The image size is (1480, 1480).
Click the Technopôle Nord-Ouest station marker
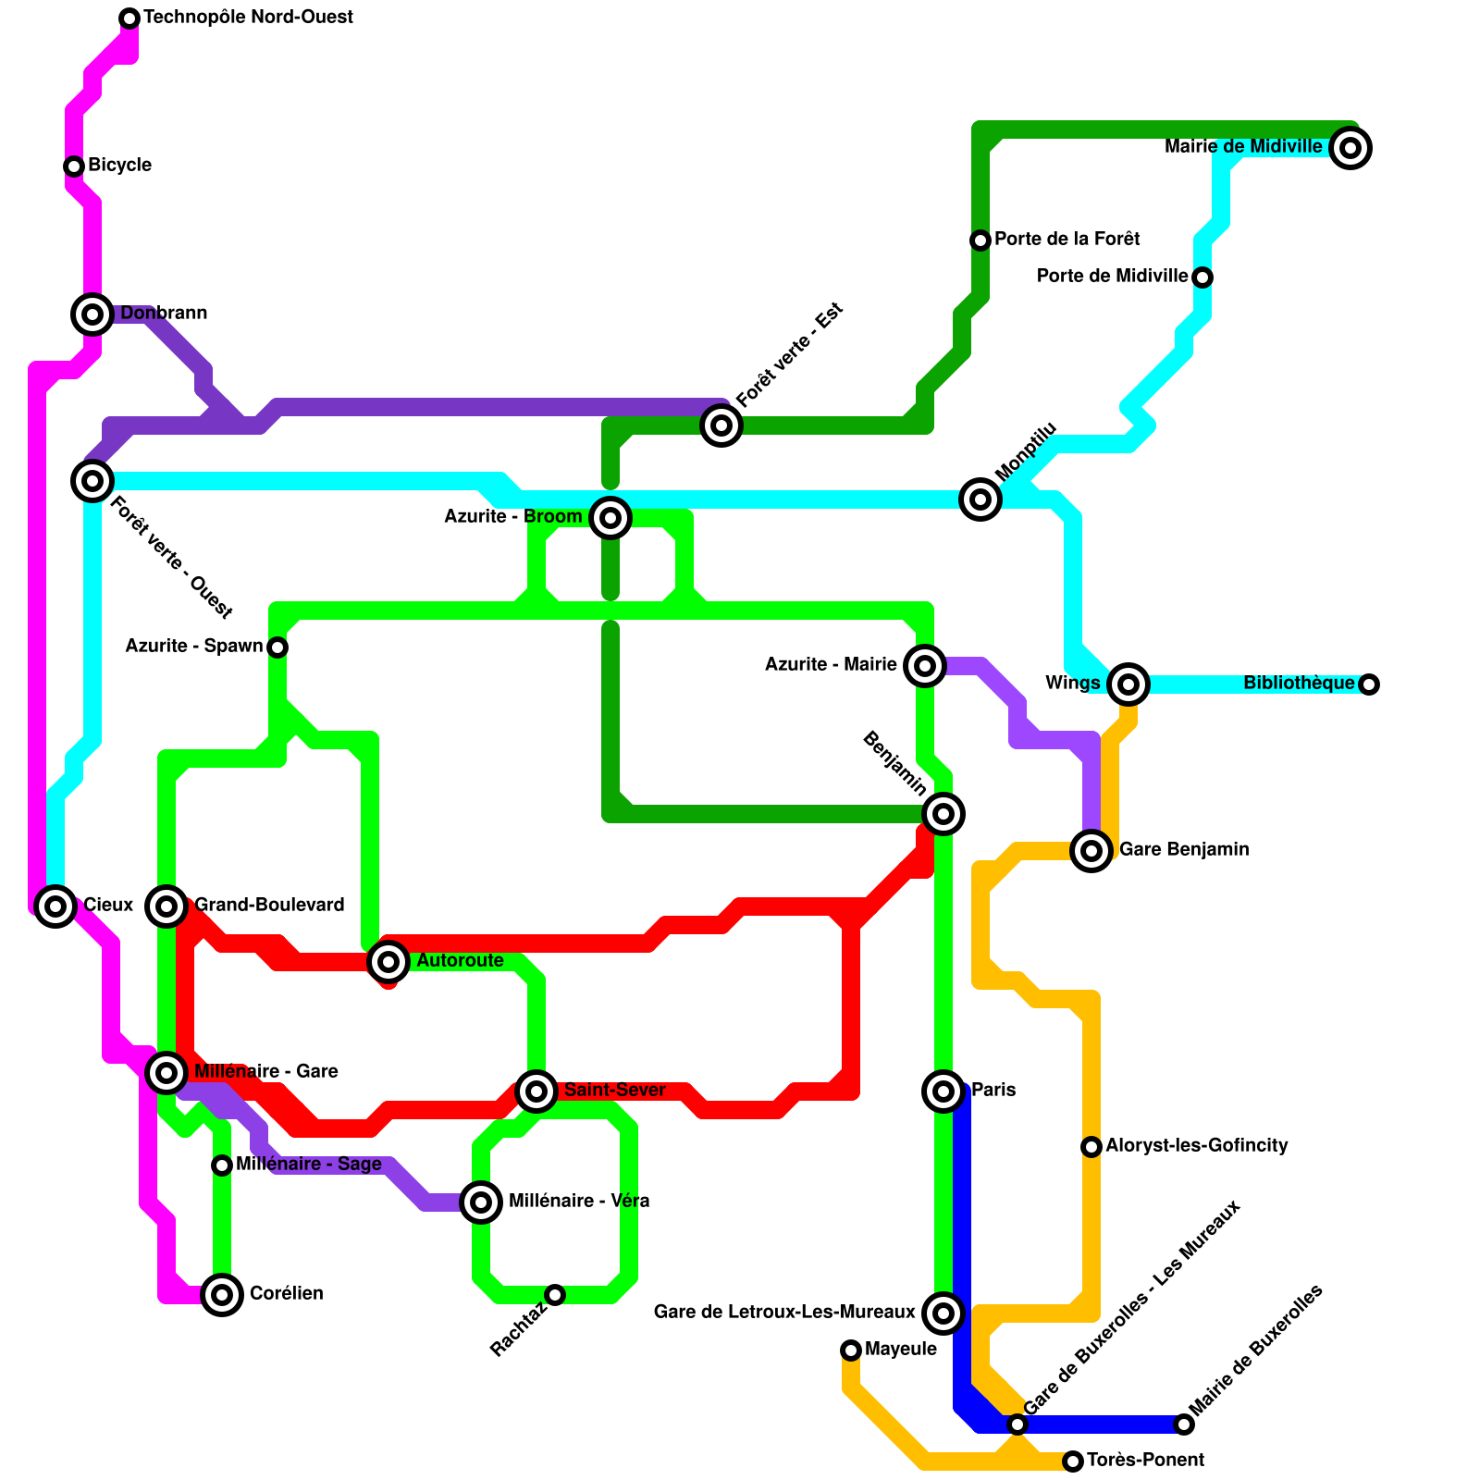(x=129, y=18)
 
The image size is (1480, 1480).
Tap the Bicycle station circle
(x=74, y=166)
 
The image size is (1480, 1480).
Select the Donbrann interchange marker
(x=92, y=314)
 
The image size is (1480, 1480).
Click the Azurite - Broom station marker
(x=610, y=518)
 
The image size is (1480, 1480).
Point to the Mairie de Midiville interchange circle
(x=1350, y=148)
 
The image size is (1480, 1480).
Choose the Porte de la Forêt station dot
(x=980, y=240)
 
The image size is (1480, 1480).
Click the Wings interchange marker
(x=1128, y=684)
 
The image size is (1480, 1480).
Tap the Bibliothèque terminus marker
(x=1369, y=684)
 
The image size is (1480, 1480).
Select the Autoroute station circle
(x=388, y=962)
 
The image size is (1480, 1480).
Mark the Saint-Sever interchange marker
(x=536, y=1091)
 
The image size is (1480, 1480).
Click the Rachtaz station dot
(x=555, y=1295)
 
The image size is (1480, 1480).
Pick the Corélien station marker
(x=222, y=1295)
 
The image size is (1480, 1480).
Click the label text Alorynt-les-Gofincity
(x=1196, y=1146)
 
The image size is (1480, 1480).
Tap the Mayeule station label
(x=900, y=1350)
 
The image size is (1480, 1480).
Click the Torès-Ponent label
(x=1145, y=1461)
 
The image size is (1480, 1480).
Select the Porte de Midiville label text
(x=1112, y=277)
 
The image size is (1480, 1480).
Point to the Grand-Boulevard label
(x=269, y=906)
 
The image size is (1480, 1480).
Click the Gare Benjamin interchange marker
(x=1091, y=850)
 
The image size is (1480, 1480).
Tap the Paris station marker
(x=943, y=1091)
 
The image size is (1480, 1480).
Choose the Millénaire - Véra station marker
(x=481, y=1202)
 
